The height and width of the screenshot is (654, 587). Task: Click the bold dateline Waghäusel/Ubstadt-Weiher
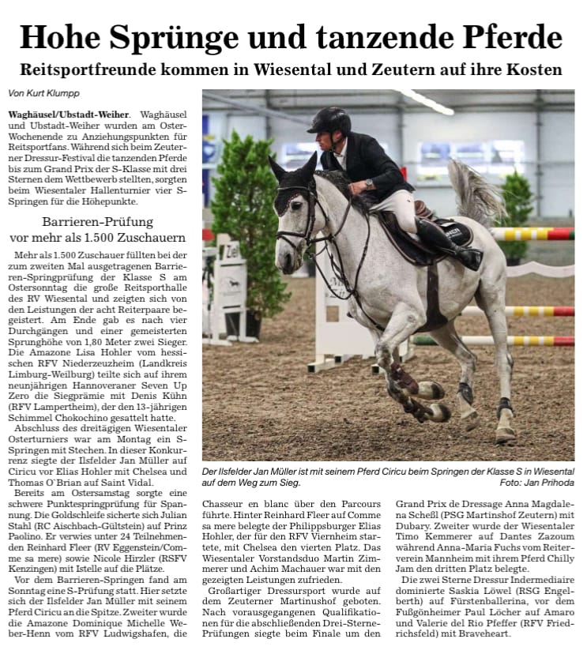tap(66, 115)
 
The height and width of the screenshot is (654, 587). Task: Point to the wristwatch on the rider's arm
tap(369, 183)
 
